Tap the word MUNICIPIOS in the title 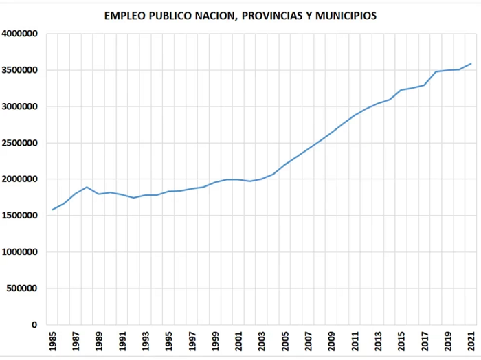coord(346,16)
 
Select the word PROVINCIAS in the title coord(271,16)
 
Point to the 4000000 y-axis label coord(20,34)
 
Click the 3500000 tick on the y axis coord(20,70)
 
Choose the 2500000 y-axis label coord(20,143)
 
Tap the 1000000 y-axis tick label coord(20,252)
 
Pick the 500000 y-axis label coord(22,289)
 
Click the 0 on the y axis coord(34,325)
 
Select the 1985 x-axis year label coord(53,341)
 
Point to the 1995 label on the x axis coord(169,341)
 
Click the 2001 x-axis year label coord(238,341)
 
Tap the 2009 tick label coord(332,341)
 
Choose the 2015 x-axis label coord(401,341)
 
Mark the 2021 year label coord(471,341)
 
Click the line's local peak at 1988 coord(87,187)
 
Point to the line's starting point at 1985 coord(52,210)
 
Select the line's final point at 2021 coord(471,63)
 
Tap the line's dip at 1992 coord(133,198)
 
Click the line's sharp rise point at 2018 coord(436,71)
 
